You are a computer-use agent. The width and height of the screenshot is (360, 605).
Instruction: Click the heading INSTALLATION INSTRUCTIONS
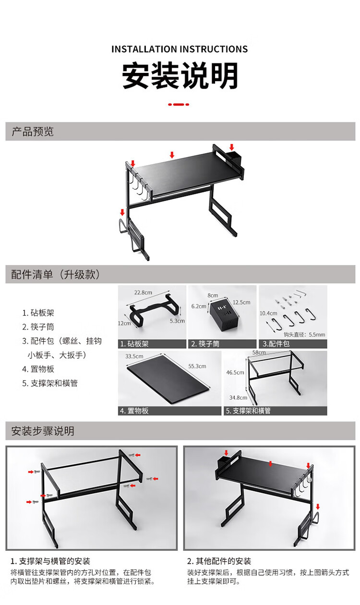coord(180,49)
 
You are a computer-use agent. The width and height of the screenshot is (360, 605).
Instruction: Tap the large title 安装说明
coord(180,76)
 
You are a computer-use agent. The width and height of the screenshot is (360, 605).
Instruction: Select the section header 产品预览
coord(33,131)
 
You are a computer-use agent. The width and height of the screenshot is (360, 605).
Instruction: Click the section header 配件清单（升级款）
coord(56,274)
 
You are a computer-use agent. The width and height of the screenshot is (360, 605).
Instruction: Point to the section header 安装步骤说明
coord(43,431)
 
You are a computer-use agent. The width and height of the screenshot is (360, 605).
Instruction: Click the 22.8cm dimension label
coord(143,292)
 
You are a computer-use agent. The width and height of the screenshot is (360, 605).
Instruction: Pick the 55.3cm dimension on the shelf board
coord(197,366)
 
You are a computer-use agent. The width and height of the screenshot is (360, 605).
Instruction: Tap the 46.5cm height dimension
coord(235,372)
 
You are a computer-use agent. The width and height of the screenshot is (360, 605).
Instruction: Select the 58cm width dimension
coord(259,353)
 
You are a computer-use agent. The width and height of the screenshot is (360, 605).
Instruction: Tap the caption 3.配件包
coord(276,344)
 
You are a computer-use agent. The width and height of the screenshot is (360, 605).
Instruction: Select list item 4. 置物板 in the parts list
coord(38,369)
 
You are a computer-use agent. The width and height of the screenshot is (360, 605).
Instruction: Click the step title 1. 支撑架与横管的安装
coord(50,561)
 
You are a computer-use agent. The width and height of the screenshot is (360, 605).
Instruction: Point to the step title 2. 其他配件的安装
coord(219,561)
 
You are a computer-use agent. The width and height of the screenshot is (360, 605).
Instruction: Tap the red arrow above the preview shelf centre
coord(172,154)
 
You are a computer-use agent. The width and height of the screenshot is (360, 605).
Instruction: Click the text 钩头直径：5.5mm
coord(304,334)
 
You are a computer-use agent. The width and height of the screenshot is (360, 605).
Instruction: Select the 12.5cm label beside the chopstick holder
coord(241,302)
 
